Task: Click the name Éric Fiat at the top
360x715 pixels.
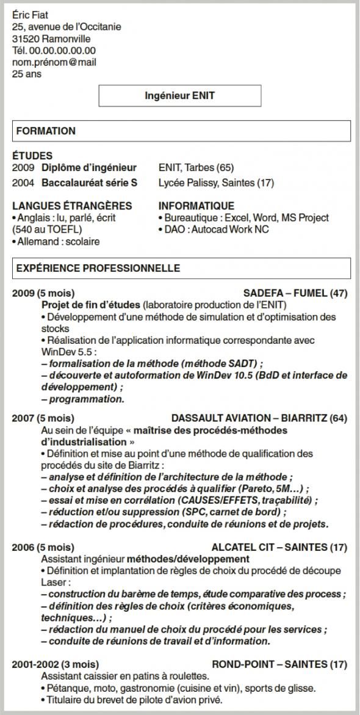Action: [x=30, y=15]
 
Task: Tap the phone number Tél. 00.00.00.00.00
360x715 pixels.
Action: [x=54, y=50]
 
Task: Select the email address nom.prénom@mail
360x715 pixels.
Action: [x=54, y=62]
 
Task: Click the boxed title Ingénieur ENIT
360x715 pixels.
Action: [x=179, y=96]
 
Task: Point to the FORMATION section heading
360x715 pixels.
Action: [x=46, y=131]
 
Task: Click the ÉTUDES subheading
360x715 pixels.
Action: [x=32, y=156]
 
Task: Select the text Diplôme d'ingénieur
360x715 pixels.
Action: [x=89, y=167]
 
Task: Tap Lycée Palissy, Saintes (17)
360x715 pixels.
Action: [x=216, y=183]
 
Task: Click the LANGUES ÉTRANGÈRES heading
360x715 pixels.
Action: [x=71, y=206]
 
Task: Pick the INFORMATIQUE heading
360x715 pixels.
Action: [x=196, y=206]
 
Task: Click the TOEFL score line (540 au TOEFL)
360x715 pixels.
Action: [x=46, y=230]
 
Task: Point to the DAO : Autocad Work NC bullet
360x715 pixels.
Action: [x=214, y=230]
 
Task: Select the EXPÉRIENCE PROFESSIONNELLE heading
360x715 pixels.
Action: [x=98, y=268]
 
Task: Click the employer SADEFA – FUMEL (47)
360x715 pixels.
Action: [x=295, y=293]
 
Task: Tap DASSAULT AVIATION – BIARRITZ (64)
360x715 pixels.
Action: [x=259, y=418]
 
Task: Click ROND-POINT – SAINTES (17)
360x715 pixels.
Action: [x=279, y=664]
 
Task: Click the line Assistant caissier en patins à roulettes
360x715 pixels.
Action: [x=125, y=677]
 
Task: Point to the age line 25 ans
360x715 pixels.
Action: [x=26, y=74]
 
